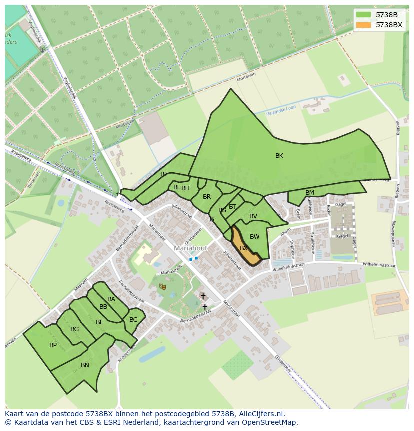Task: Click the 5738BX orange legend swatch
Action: pyautogui.click(x=363, y=25)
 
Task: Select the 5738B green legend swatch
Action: pyautogui.click(x=363, y=15)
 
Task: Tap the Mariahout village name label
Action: pyautogui.click(x=191, y=248)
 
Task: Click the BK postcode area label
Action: pyautogui.click(x=279, y=156)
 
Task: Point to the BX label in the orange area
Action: pyautogui.click(x=244, y=248)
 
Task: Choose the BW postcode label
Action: pyautogui.click(x=255, y=237)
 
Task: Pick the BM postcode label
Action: pyautogui.click(x=310, y=193)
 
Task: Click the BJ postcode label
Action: pyautogui.click(x=163, y=174)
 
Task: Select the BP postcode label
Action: pyautogui.click(x=53, y=345)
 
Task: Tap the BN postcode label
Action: pyautogui.click(x=85, y=365)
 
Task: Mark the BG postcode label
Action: pyautogui.click(x=74, y=329)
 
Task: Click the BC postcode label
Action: pyautogui.click(x=133, y=320)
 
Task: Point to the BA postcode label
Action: pyautogui.click(x=111, y=299)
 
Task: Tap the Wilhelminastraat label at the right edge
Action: pyautogui.click(x=379, y=265)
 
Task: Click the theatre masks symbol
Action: pyautogui.click(x=162, y=286)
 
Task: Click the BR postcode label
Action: pyautogui.click(x=207, y=197)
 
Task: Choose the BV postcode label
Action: pyautogui.click(x=253, y=216)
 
